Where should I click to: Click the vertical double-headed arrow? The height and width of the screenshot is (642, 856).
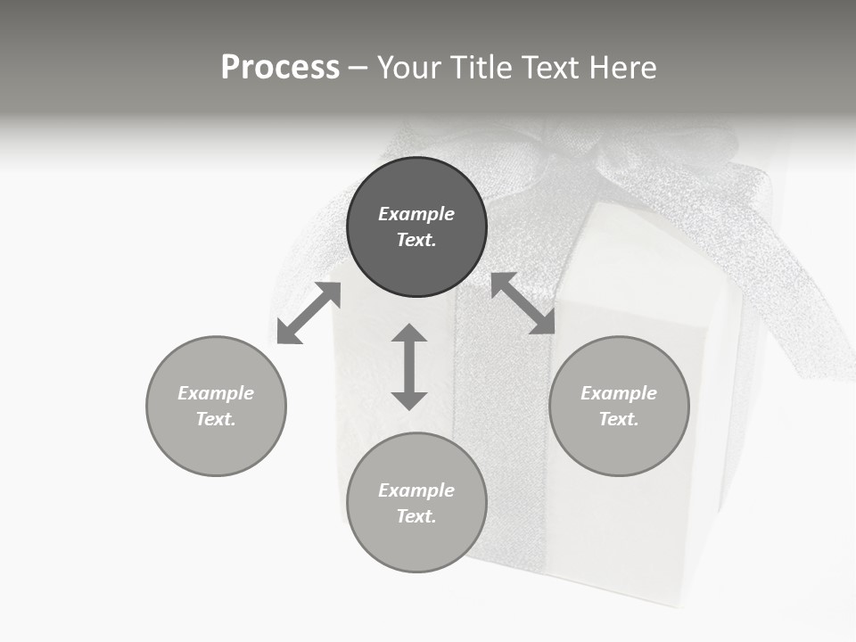(409, 366)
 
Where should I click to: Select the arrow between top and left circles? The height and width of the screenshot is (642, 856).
(309, 313)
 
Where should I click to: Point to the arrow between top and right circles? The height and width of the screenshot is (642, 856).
(523, 303)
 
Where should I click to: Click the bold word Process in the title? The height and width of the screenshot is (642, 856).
(280, 68)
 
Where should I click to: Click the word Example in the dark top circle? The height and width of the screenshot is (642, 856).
(416, 214)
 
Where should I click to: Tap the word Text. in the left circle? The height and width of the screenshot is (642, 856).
(216, 419)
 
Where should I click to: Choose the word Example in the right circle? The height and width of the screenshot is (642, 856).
(619, 393)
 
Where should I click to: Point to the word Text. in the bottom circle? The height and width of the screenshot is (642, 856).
(416, 516)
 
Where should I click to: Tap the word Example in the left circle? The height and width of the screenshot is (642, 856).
(216, 393)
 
